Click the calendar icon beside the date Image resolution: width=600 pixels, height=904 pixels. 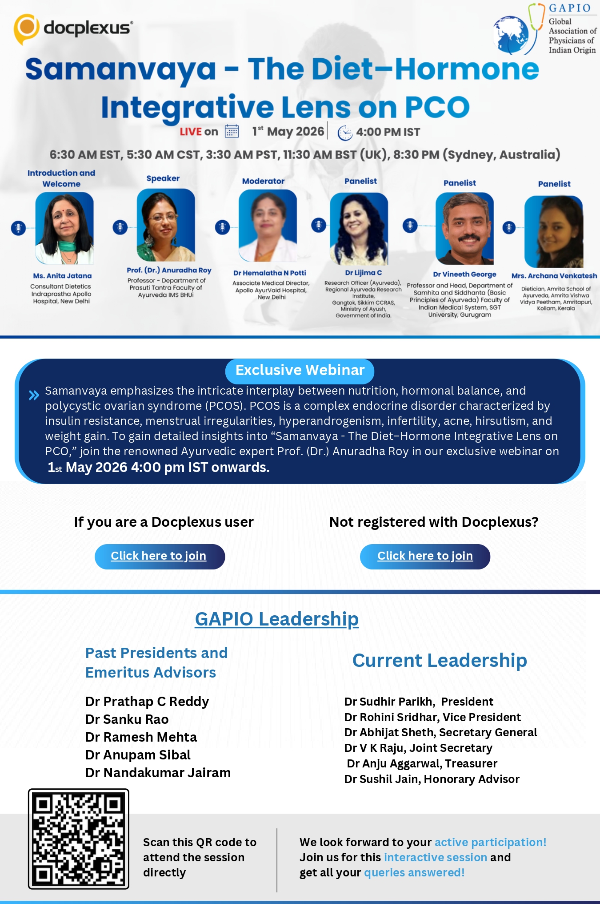point(232,131)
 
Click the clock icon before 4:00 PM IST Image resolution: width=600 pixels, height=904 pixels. point(345,133)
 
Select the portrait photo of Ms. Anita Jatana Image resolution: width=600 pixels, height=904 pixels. point(64,228)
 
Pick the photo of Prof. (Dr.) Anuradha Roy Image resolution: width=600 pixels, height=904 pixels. point(166,225)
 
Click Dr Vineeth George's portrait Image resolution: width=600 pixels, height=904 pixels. point(464,229)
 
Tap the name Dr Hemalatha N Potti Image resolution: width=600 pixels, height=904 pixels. point(270,273)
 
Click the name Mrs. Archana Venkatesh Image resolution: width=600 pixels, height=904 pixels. point(554,276)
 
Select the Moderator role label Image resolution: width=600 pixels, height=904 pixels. point(263,181)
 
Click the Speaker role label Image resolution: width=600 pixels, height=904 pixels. point(163,178)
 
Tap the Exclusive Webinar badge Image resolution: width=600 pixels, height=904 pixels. point(300,371)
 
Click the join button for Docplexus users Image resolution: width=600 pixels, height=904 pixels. point(160,556)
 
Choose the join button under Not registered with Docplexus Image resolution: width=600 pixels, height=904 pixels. point(425,556)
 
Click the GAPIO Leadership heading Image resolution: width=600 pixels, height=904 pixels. point(277,619)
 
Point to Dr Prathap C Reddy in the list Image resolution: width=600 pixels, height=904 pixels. point(147,702)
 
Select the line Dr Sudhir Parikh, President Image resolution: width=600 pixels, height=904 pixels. point(419,702)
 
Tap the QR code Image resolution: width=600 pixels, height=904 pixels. point(79,839)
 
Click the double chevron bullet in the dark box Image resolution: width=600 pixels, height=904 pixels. point(34,395)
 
